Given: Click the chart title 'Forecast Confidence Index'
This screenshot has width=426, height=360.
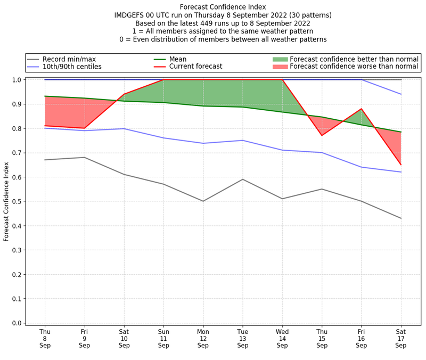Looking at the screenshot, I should click(x=223, y=7).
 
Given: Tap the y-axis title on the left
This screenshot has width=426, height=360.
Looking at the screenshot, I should click(x=7, y=201).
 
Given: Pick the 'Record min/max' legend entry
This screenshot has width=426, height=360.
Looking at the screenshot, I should click(x=69, y=59).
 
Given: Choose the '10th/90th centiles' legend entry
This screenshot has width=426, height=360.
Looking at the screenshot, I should click(x=72, y=67).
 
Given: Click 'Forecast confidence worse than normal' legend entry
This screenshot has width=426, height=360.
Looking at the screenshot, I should click(x=354, y=67).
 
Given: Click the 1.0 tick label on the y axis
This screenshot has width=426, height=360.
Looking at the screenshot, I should click(x=17, y=80).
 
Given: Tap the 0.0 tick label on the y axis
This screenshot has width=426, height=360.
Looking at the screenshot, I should click(x=17, y=323).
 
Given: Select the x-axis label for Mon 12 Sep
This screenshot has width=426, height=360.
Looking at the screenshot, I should click(x=203, y=338).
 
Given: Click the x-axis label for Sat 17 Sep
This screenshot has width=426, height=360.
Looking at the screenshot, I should click(x=400, y=338).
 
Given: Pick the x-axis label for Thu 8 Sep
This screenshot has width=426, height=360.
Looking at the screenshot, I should click(x=45, y=338).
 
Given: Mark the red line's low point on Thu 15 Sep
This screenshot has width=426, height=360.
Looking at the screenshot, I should click(x=322, y=135).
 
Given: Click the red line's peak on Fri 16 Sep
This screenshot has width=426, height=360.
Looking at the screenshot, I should click(x=361, y=109).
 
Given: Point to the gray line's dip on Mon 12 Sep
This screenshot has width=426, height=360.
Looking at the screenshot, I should click(x=203, y=201).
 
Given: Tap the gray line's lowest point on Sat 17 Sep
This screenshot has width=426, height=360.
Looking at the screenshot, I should click(x=400, y=218).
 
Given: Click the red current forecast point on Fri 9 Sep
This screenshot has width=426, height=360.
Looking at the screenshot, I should click(x=84, y=128).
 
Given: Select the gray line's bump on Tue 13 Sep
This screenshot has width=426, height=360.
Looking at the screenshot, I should click(x=242, y=179).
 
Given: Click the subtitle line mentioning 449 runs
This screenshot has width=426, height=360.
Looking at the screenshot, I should click(x=223, y=23).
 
